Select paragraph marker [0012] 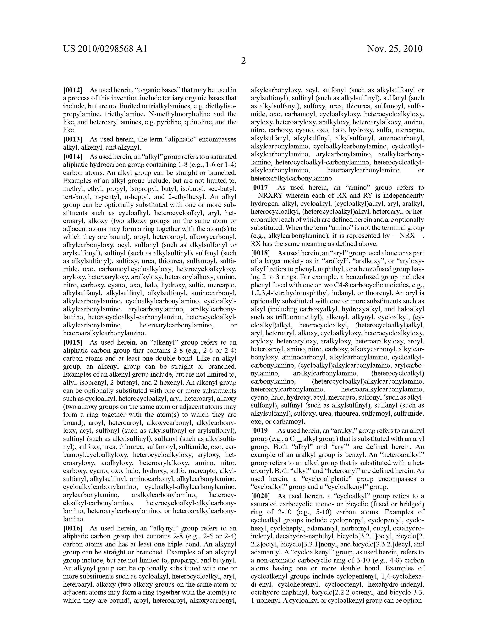coord(73,90)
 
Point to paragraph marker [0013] coord(73,139)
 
